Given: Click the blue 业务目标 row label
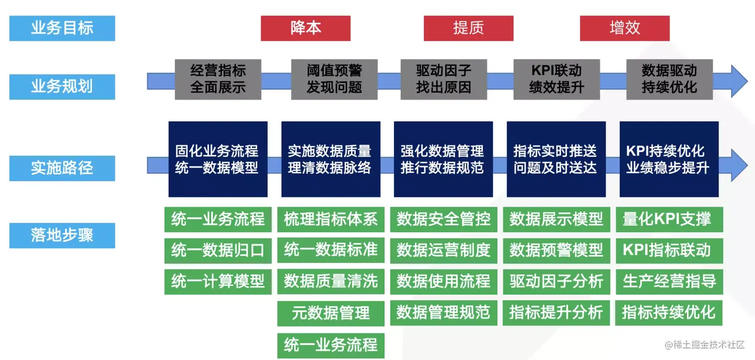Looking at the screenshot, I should pos(62,28).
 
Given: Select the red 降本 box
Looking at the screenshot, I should pos(306,28).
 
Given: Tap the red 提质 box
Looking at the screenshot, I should pos(468,28).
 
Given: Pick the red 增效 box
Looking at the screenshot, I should pos(624,28).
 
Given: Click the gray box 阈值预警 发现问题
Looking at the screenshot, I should pos(334,79).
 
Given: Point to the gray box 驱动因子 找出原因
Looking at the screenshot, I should pos(443,79).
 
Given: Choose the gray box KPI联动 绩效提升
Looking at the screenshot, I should pos(556,79).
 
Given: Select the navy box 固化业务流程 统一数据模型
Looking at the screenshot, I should pos(218,159).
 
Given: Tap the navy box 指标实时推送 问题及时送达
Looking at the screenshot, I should pos(556,159).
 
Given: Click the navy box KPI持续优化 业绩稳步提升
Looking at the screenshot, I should pos(669,159).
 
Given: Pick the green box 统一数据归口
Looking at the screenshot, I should pos(218,250).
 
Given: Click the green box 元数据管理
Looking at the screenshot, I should pos(331,314).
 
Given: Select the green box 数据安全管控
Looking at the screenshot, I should pos(443,219).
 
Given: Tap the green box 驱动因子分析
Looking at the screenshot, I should pos(556,282).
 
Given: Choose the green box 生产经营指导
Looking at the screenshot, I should pos(669,282).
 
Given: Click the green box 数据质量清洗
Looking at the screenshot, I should pos(331,282).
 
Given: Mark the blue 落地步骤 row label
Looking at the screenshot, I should pos(62,235).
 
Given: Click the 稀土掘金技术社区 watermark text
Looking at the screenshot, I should pos(704,345).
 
